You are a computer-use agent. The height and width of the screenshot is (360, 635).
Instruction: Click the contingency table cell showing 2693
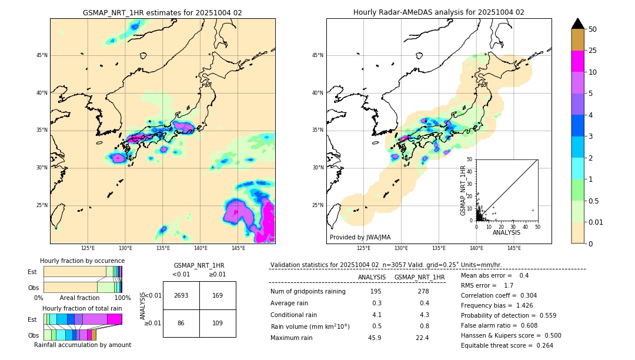coord(181,295)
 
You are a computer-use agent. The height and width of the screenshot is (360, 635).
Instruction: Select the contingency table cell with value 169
coord(218,295)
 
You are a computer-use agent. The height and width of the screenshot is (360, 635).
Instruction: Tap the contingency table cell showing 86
coord(181,323)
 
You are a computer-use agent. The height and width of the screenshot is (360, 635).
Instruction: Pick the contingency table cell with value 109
coord(218,323)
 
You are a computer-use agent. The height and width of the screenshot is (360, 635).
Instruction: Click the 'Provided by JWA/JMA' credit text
coord(360,237)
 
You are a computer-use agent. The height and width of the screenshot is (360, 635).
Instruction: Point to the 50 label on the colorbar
coord(593,29)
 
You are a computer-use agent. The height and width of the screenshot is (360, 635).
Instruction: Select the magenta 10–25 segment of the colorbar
coord(578,61)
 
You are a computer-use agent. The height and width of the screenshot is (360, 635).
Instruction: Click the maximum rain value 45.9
coord(375,338)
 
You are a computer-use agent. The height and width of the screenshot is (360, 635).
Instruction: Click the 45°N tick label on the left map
coord(41,55)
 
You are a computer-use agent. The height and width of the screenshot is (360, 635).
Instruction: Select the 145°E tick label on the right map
coord(514,248)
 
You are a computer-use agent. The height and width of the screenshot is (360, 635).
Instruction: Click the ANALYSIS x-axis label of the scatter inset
coord(506,232)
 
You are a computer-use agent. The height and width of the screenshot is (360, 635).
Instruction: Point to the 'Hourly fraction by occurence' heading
coord(82,261)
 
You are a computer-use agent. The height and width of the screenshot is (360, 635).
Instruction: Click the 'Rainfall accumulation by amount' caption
coord(82,345)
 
